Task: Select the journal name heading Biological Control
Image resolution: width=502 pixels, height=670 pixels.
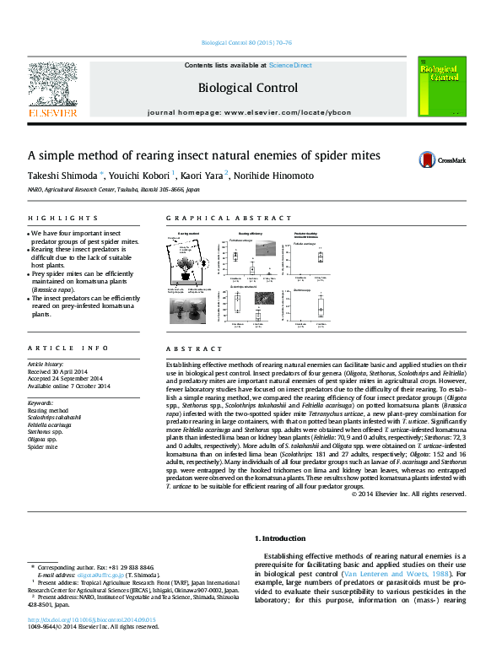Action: click(x=247, y=88)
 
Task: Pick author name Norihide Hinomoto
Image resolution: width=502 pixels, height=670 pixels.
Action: click(x=273, y=176)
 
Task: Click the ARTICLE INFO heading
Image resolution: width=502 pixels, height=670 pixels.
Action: click(x=68, y=348)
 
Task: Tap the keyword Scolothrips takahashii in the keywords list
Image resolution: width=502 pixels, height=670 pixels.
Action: click(x=54, y=418)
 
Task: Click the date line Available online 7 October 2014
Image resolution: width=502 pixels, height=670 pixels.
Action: click(x=69, y=386)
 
